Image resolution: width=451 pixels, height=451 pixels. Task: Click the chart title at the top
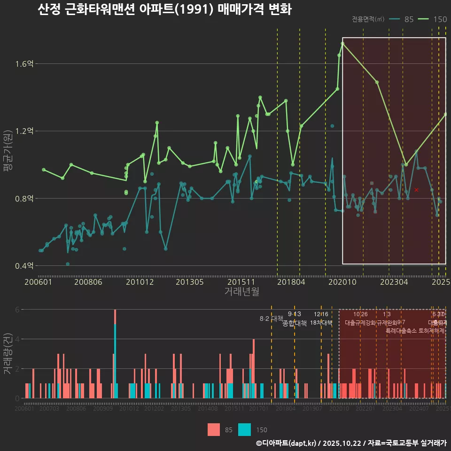(x=164, y=9)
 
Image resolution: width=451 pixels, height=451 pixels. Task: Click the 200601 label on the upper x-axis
(x=39, y=282)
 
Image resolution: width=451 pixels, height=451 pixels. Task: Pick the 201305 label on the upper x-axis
(x=189, y=282)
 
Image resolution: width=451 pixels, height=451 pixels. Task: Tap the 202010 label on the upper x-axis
(x=342, y=282)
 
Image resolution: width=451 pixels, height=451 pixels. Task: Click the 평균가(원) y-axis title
(x=8, y=164)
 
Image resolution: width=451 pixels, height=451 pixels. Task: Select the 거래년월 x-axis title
(x=241, y=292)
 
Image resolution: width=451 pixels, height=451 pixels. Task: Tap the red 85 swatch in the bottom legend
(x=214, y=429)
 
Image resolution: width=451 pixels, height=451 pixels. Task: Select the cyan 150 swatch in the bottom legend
(x=245, y=429)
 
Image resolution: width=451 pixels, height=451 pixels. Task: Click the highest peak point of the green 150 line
(x=342, y=43)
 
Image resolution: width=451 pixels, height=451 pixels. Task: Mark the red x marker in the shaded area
(x=416, y=190)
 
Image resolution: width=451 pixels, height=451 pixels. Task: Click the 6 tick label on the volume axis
(x=16, y=310)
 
